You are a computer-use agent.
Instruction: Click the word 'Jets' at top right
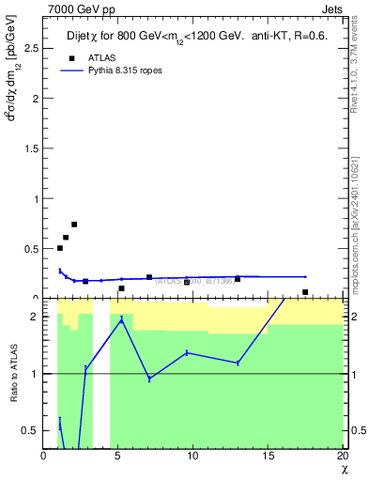tap(333, 9)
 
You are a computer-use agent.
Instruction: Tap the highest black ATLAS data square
tap(74, 225)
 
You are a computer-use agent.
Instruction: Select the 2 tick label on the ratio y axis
tap(37, 317)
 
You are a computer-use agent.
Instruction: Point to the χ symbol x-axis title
tap(342, 470)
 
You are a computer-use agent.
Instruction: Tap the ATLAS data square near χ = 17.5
tap(305, 292)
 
